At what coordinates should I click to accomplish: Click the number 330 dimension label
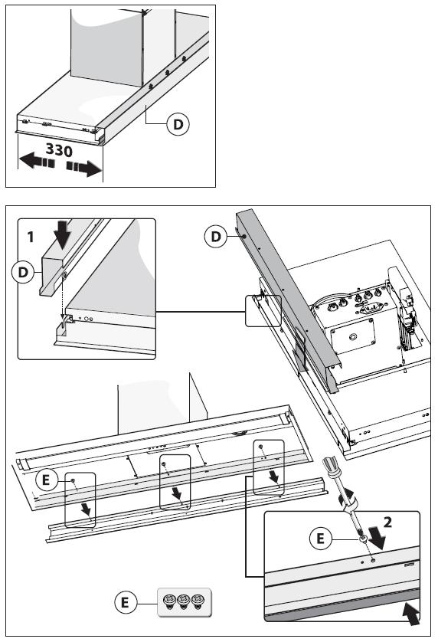(60, 150)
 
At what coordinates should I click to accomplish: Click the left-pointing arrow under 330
(37, 162)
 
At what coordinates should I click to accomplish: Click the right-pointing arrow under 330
(84, 168)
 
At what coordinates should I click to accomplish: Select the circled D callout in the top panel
(178, 124)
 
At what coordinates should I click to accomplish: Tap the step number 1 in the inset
(31, 237)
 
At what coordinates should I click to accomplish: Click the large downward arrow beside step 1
(62, 234)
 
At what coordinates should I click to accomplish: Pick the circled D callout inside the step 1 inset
(23, 272)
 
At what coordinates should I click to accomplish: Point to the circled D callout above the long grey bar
(216, 236)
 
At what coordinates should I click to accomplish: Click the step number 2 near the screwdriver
(387, 522)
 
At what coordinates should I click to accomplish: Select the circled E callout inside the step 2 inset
(321, 538)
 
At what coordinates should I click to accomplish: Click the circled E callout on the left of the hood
(46, 480)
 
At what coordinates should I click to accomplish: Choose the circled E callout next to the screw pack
(125, 602)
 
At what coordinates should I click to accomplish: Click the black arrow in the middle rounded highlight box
(176, 493)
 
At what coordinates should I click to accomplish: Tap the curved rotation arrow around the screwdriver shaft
(348, 497)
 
